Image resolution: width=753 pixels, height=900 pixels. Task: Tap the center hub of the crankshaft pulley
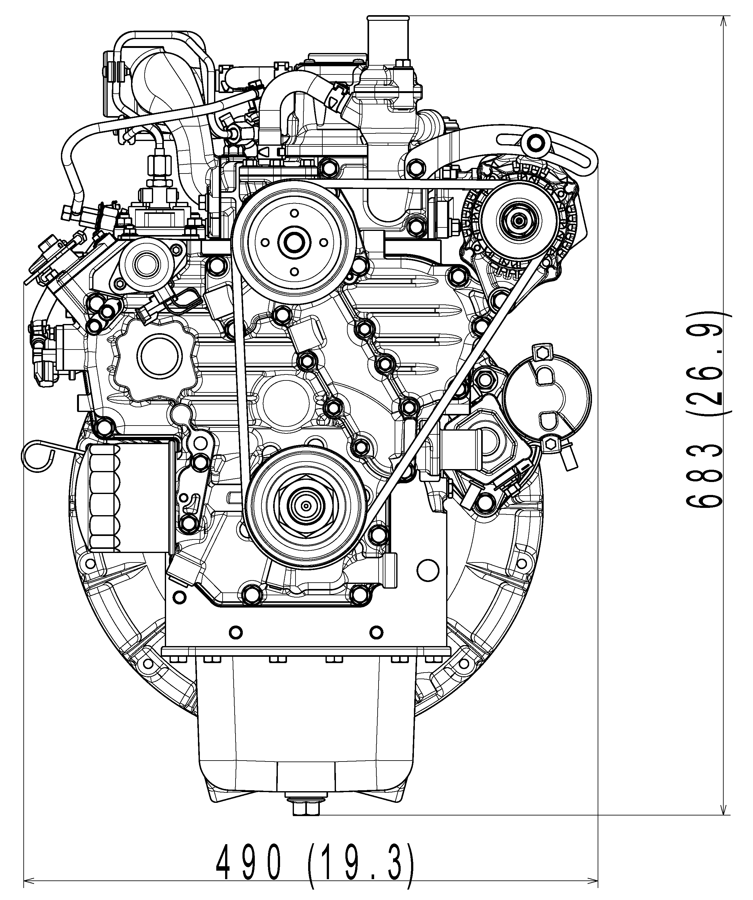point(306,506)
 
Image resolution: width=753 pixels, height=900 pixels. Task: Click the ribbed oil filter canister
point(128,498)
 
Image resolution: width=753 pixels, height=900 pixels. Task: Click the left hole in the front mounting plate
point(236,632)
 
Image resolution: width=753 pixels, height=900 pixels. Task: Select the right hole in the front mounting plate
point(376,632)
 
